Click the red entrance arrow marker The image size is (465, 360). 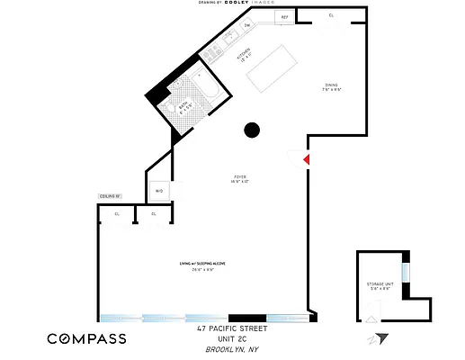click(306, 159)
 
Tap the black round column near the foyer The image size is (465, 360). click(253, 130)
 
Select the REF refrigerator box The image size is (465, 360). click(284, 17)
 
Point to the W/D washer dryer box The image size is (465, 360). click(159, 191)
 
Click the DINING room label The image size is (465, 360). click(332, 87)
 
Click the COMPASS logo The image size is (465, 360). click(86, 338)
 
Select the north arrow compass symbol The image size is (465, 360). click(380, 339)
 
